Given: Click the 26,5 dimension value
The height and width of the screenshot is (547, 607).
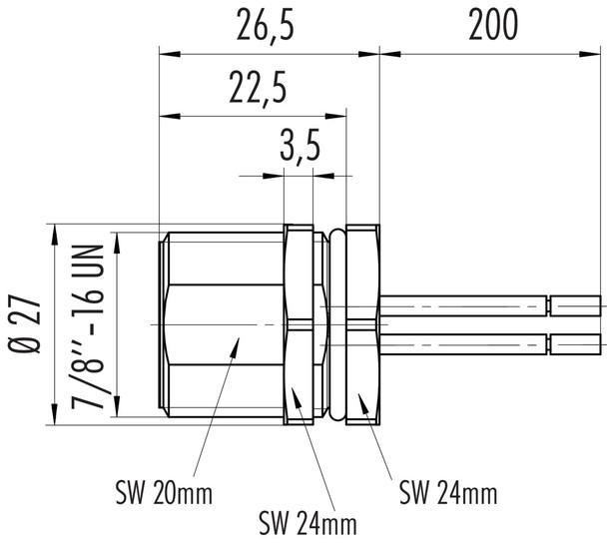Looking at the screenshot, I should coord(267,24).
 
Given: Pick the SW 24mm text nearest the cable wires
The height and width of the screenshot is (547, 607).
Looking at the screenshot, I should coord(447,492).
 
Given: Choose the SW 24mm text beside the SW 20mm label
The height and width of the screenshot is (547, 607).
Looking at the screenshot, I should coord(307,522).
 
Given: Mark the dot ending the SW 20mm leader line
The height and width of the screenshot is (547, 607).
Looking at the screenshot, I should coord(236,343).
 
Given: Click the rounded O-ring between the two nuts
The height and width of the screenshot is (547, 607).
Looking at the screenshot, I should coord(335,325).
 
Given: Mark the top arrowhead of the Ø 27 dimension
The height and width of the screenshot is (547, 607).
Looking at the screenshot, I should coord(52,230).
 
